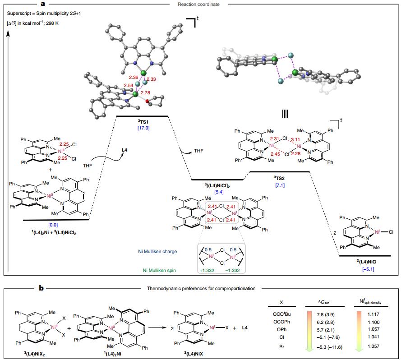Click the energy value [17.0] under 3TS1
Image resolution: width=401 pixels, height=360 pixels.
tap(142, 128)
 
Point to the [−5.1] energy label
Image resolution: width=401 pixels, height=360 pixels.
tap(368, 269)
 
